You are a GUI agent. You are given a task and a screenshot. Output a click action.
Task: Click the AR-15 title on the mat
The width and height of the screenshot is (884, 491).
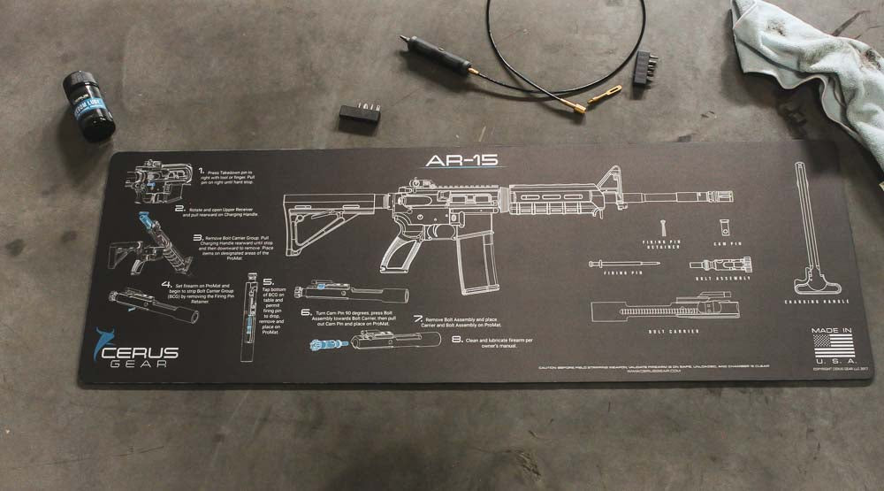point(461,160)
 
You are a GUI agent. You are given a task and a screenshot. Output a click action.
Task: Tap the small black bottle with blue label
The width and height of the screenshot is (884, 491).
point(88,105)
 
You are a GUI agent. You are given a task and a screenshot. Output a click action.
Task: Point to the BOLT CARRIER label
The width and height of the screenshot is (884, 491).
point(674,332)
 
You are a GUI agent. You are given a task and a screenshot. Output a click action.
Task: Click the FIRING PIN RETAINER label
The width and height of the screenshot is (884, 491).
point(662,243)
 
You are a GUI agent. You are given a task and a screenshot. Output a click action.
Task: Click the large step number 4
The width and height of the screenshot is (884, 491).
point(166,285)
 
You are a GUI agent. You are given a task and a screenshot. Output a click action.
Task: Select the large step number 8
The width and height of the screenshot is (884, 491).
point(457,339)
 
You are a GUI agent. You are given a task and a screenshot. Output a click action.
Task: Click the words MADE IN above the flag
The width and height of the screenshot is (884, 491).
point(831,331)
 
